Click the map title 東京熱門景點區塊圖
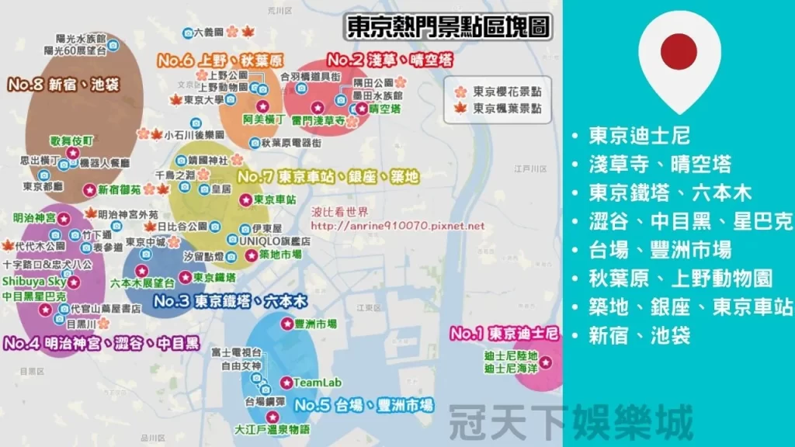pos(449,28)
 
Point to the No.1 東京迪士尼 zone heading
pos(505,334)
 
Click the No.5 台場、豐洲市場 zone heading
pos(364,404)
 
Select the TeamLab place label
pos(312,382)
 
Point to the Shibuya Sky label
pos(34,281)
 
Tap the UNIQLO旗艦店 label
pos(274,241)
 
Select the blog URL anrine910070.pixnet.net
pos(397,226)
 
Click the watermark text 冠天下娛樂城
pos(571,424)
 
